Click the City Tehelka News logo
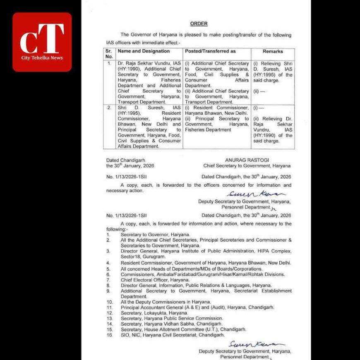42,42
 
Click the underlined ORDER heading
199,24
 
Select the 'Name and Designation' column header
143,51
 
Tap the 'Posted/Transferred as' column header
210,51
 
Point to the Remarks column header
273,51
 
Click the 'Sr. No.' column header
109,54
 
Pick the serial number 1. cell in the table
109,64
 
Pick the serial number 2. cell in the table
109,108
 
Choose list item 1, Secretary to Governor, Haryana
155,234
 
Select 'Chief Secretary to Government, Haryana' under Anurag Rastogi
247,166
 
